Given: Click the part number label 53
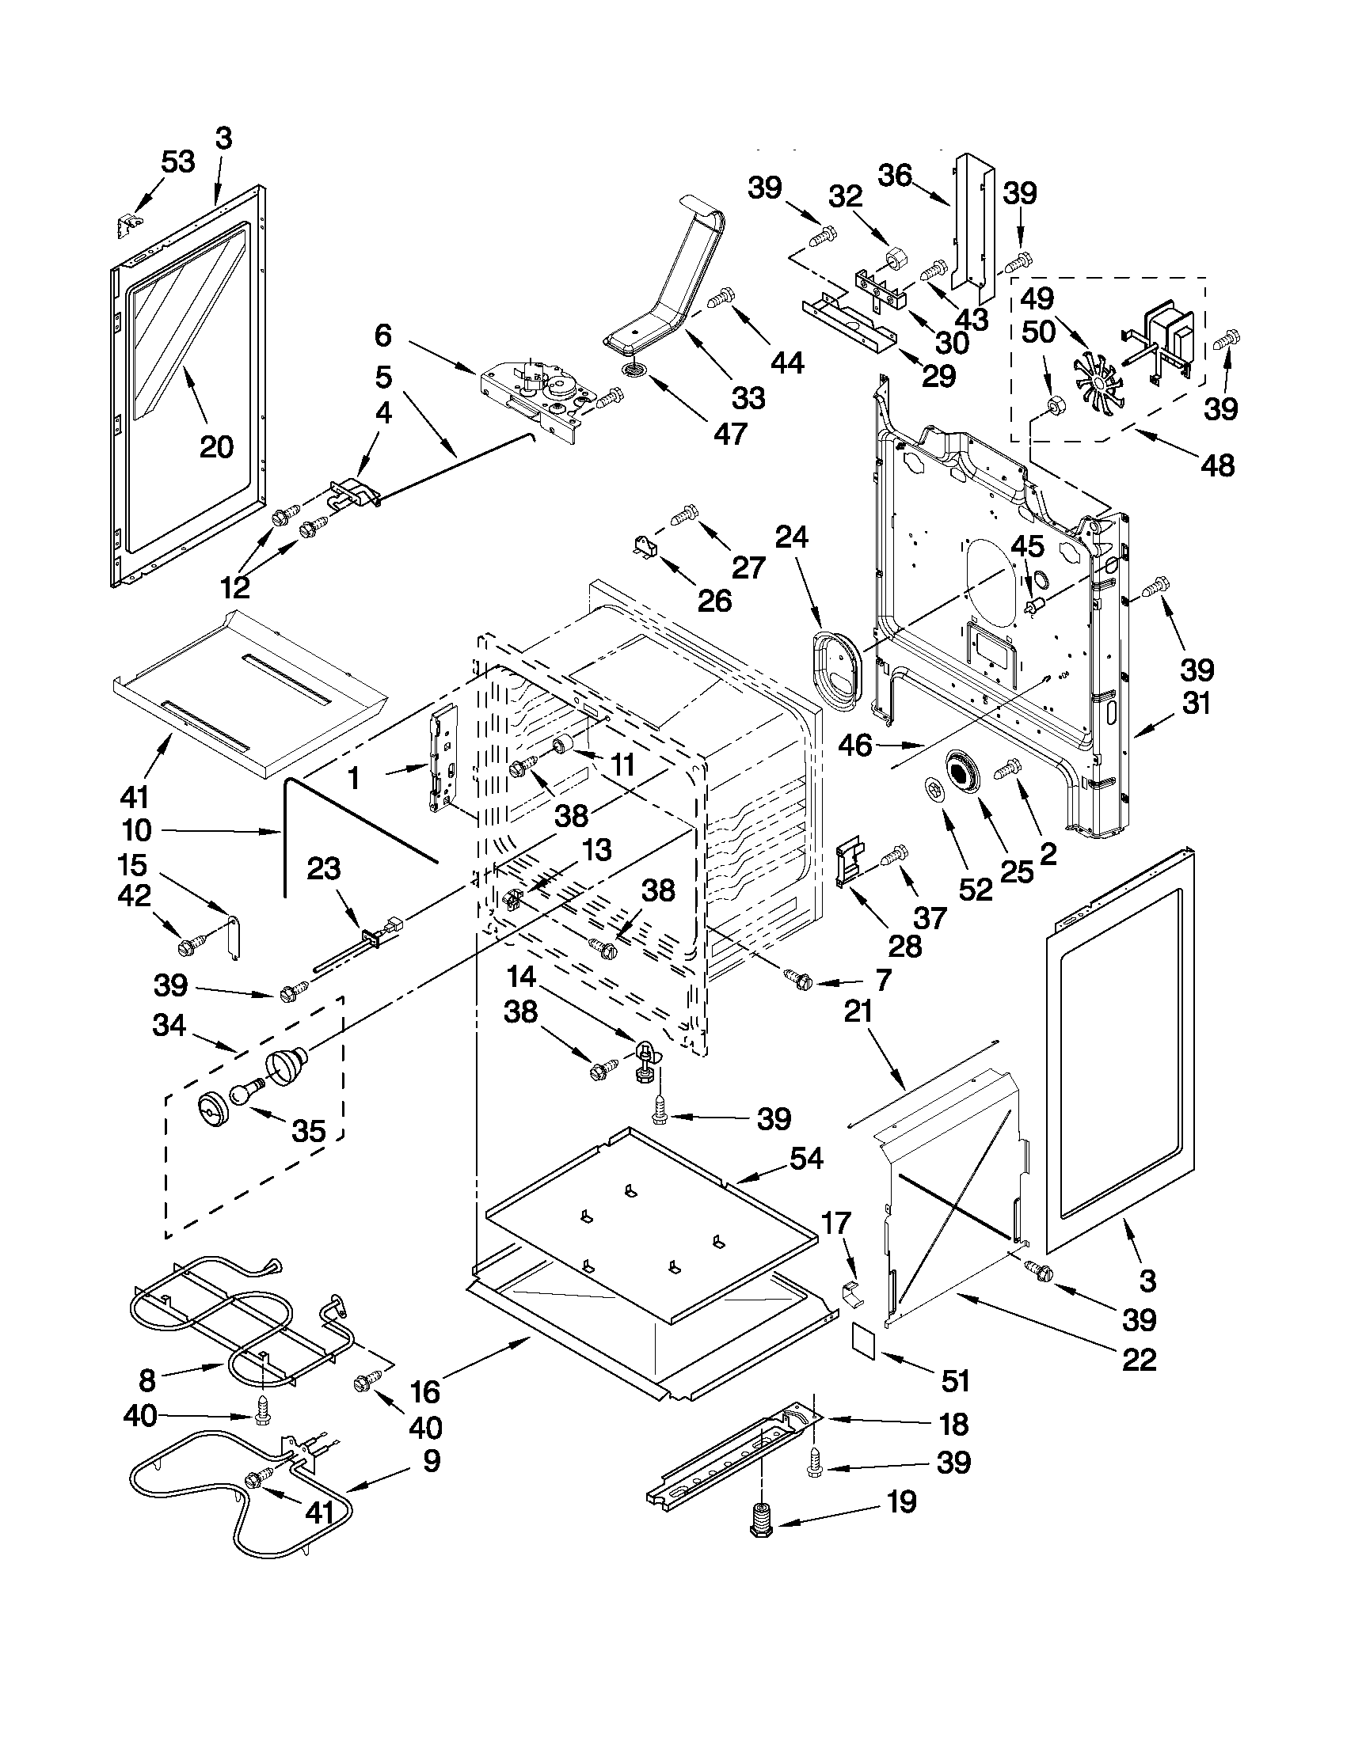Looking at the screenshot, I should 177,162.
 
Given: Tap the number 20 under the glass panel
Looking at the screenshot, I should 216,446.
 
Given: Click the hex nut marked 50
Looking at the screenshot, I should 1054,406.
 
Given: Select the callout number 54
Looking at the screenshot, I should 806,1158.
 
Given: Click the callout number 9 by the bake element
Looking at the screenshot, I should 431,1461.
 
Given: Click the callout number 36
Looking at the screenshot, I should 895,175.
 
